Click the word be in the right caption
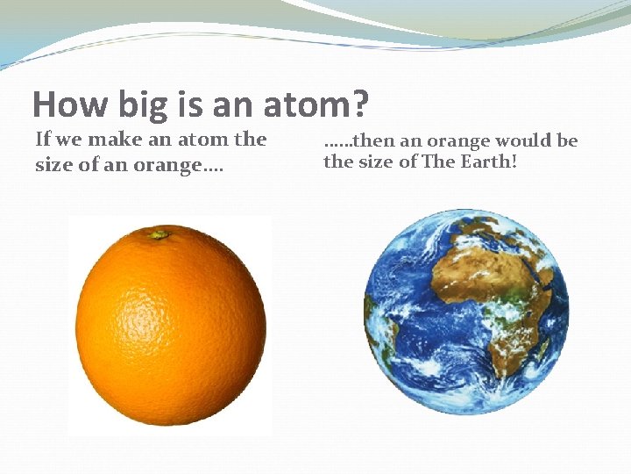tap(566, 140)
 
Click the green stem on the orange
tap(160, 234)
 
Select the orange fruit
tap(171, 325)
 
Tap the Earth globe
tap(466, 312)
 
